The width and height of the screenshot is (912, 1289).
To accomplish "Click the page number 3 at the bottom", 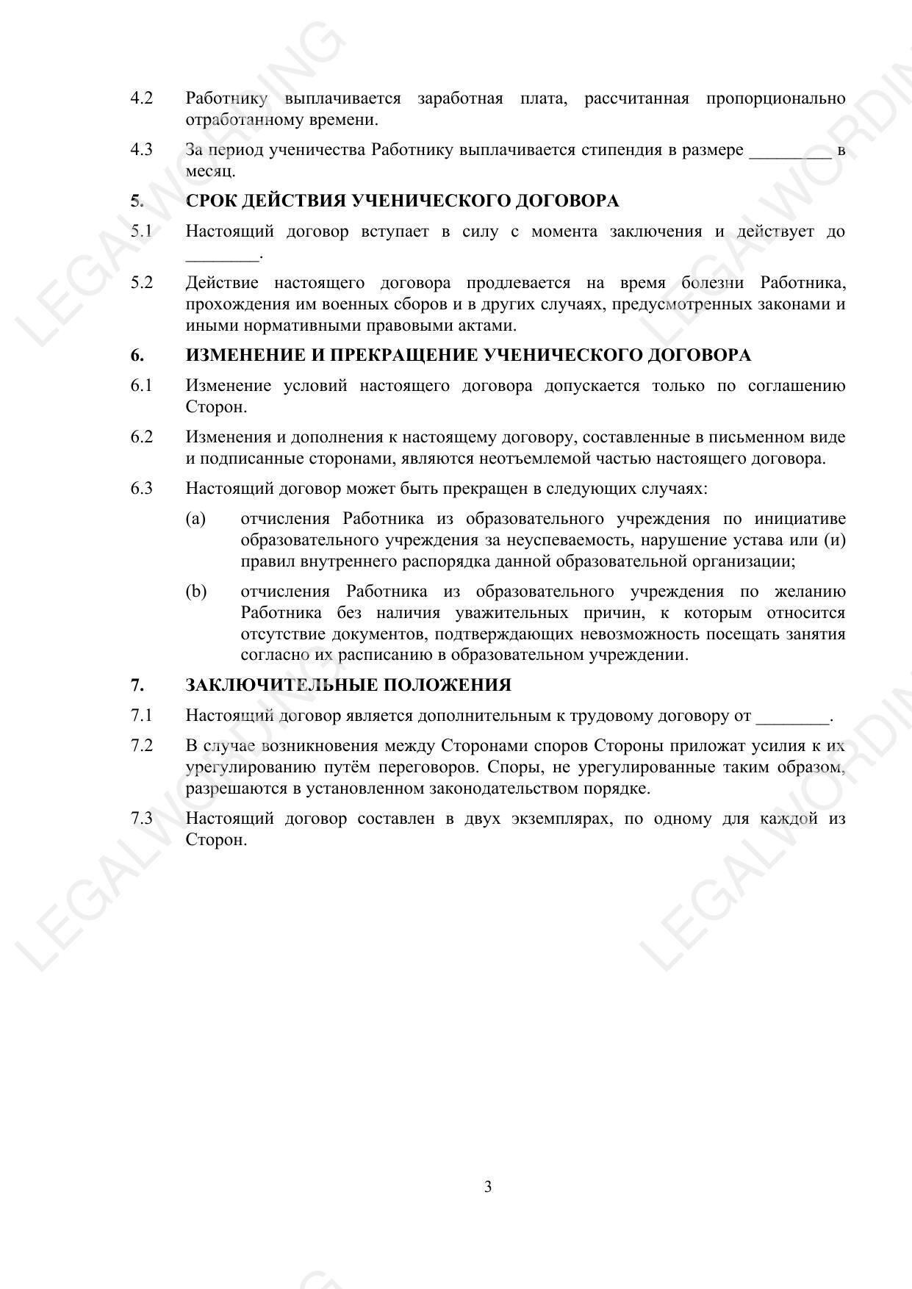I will coord(488,1187).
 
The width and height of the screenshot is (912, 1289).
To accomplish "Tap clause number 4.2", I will coord(142,98).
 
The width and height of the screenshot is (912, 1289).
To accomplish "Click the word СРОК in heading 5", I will coord(213,201).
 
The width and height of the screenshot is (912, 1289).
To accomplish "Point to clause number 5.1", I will coord(142,231).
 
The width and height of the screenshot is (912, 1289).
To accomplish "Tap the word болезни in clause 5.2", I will coord(713,283).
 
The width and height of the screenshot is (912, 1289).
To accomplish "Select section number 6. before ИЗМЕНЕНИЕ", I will coord(137,356).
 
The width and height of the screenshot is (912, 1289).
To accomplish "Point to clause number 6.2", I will coord(142,437).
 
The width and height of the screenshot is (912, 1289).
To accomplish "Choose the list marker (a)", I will coord(195,519).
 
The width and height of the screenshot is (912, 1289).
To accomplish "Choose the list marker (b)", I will coord(196,592).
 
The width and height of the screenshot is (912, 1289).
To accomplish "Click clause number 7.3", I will coord(142,819).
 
